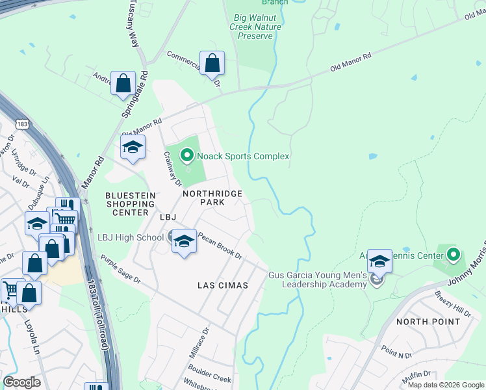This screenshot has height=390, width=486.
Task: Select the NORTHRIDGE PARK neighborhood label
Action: click(x=212, y=198)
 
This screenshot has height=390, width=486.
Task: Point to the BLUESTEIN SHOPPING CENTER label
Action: click(x=131, y=203)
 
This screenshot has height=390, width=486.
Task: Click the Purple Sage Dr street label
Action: click(x=120, y=269)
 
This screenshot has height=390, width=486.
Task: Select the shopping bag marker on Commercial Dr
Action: click(x=212, y=64)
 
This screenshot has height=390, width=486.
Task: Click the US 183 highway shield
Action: click(x=23, y=123)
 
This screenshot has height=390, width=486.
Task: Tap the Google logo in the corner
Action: click(x=21, y=382)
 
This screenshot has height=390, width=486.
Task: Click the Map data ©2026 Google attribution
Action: click(x=446, y=385)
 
